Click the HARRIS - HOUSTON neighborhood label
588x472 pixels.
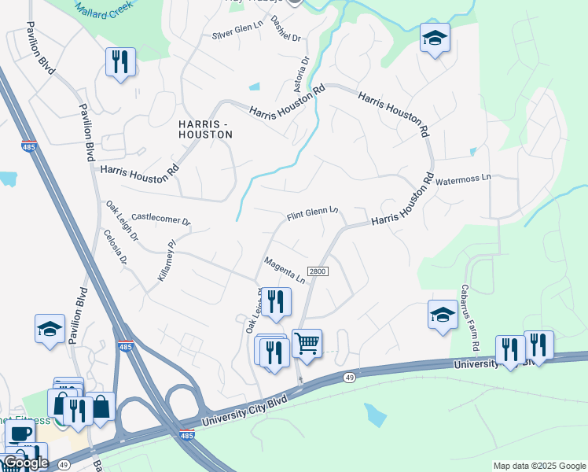click(205, 130)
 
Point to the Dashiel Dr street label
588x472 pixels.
click(286, 28)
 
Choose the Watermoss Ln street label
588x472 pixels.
click(464, 179)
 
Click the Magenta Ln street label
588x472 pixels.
click(285, 270)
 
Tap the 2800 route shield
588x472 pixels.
click(318, 271)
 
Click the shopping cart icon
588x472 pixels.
click(307, 343)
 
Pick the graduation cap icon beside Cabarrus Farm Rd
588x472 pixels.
click(443, 314)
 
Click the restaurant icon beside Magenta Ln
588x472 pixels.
click(276, 302)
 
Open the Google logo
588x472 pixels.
click(26, 463)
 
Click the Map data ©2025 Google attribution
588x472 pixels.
click(538, 466)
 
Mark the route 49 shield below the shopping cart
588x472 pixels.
click(347, 378)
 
